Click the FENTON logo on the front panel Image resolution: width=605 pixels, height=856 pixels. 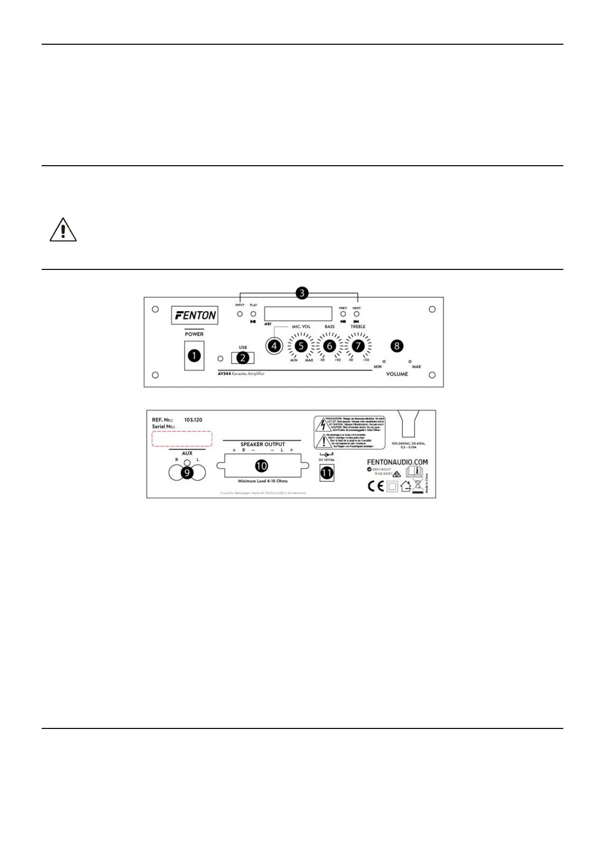(x=194, y=315)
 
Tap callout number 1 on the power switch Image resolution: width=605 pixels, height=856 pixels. (x=194, y=356)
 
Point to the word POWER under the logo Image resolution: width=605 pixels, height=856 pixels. (x=194, y=334)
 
